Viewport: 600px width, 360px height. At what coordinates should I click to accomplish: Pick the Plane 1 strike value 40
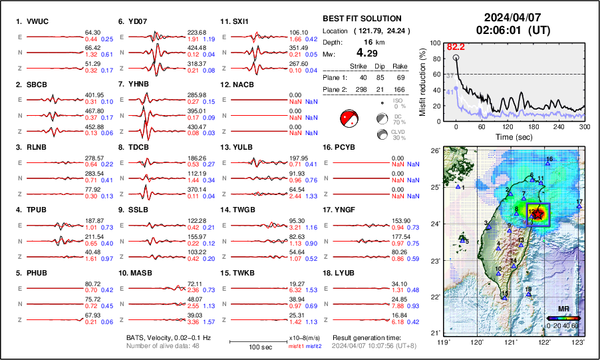(x=362, y=77)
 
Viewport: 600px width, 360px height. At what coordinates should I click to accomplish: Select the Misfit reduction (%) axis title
(x=424, y=81)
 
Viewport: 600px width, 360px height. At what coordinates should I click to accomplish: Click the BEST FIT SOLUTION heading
(x=361, y=19)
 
